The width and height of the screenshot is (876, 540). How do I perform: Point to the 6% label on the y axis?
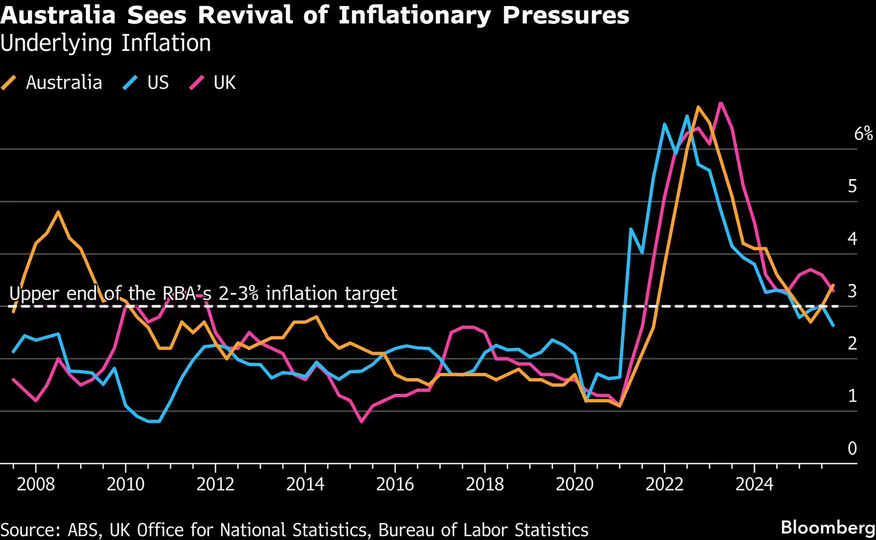[x=863, y=133]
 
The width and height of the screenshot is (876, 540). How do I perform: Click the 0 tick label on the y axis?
[x=852, y=449]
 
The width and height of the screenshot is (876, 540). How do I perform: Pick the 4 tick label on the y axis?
[x=852, y=239]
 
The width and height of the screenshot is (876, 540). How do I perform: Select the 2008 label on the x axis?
[x=36, y=484]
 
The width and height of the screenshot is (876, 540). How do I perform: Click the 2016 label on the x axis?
[x=395, y=484]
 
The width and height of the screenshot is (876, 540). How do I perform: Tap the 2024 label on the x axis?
[x=754, y=484]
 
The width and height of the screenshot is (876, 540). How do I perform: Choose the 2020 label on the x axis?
[x=574, y=484]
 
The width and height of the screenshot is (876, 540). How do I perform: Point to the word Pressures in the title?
[x=566, y=15]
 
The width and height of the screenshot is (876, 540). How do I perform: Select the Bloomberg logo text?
[x=828, y=527]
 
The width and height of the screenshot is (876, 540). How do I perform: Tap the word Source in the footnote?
[x=30, y=530]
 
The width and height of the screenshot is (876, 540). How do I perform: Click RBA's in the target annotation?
[x=187, y=294]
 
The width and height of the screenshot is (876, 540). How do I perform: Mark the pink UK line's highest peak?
[x=721, y=103]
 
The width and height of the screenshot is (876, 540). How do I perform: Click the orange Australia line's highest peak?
[x=698, y=107]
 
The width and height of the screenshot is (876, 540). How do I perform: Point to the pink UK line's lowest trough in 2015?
[x=361, y=421]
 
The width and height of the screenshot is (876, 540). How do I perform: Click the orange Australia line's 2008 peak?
[x=58, y=212]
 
